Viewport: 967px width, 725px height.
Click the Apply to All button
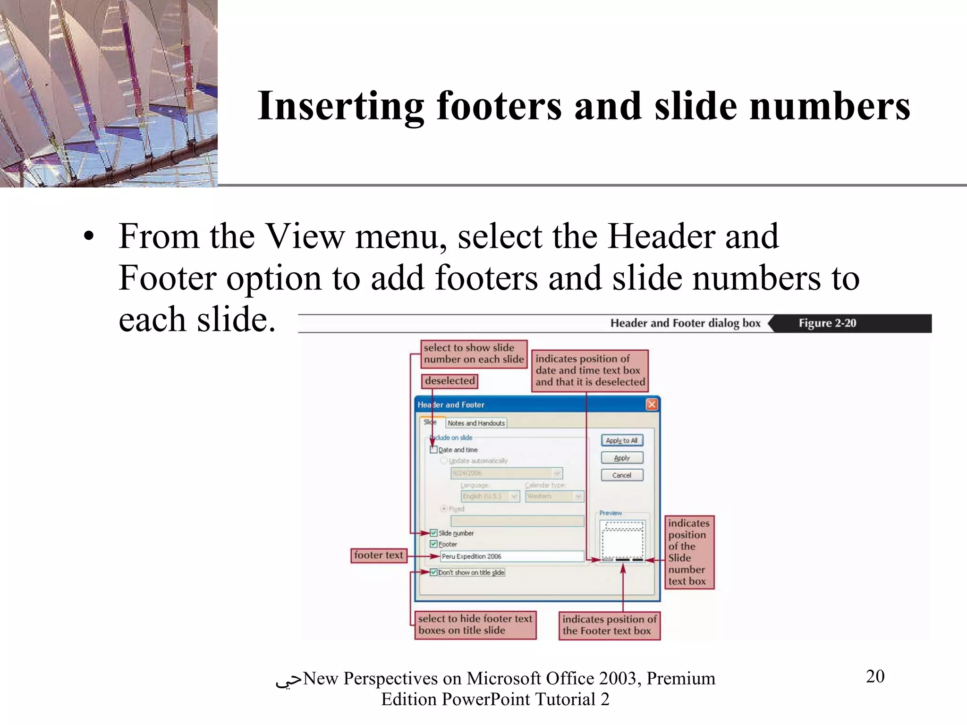622,440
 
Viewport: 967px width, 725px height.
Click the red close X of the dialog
652,405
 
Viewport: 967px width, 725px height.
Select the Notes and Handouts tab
476,423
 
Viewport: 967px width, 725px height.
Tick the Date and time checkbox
433,450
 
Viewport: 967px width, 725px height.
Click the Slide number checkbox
433,533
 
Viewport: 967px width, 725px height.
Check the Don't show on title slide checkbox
433,573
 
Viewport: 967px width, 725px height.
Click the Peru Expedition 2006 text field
512,556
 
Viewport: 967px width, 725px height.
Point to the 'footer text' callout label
379,556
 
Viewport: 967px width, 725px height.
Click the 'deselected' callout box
450,381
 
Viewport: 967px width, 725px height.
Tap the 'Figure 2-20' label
827,323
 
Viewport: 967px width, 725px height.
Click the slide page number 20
875,676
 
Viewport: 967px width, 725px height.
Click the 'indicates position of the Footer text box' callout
609,625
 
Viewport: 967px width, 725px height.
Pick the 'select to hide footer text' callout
475,624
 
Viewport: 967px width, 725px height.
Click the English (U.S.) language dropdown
490,496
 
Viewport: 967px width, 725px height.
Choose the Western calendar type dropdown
554,496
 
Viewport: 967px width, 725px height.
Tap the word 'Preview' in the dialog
611,513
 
